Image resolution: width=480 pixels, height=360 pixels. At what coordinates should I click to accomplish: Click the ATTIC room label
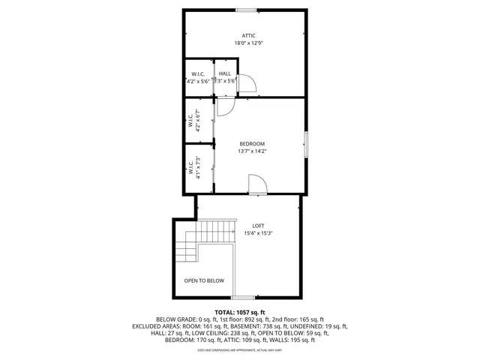(x=249, y=35)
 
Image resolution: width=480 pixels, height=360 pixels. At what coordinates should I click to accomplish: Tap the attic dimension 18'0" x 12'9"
(x=249, y=43)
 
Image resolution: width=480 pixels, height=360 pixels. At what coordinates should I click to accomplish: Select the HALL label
(x=225, y=73)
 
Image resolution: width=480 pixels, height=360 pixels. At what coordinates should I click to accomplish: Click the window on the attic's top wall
(x=247, y=10)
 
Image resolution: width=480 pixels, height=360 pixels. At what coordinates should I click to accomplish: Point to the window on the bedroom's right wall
(x=305, y=143)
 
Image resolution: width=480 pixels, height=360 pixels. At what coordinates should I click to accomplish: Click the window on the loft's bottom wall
(x=243, y=298)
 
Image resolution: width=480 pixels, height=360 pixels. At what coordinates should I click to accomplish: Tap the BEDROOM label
(x=252, y=143)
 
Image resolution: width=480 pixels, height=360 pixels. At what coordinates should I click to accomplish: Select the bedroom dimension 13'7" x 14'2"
(x=252, y=151)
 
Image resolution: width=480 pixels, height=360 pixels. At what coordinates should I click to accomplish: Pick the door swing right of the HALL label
(x=246, y=85)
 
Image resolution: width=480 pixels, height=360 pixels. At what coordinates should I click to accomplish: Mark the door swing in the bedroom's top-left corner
(x=225, y=107)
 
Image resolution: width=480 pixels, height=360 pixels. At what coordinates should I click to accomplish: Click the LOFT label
(x=258, y=226)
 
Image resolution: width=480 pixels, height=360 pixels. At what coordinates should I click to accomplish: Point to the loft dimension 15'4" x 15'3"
(x=258, y=233)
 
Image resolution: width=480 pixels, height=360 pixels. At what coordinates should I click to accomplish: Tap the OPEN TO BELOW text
(x=204, y=280)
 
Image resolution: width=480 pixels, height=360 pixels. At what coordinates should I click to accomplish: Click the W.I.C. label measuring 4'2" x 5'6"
(x=199, y=77)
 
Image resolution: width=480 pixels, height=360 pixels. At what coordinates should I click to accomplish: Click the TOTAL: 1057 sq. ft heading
(x=240, y=312)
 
